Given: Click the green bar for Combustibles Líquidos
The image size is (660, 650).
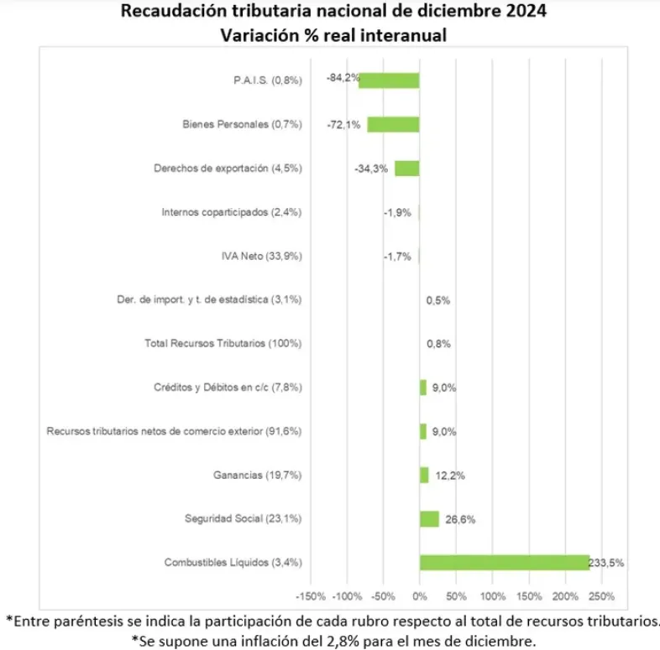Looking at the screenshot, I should coord(504,562).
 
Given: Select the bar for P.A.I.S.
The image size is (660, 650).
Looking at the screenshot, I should coord(389,81).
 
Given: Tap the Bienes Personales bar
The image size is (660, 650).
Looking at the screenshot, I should coord(393,124).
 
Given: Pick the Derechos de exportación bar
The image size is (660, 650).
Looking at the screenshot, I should coord(406,168).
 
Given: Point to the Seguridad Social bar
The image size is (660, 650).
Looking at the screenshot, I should coord(429,518).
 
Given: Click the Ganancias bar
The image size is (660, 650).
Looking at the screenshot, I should coord(424,475).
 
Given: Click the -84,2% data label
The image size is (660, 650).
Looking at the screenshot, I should coord(343,78).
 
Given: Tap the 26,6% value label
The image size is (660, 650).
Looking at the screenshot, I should coord(461,519).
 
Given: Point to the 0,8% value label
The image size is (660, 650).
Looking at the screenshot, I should coord(439,344).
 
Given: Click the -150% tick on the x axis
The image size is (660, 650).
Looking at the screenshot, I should coord(311,596).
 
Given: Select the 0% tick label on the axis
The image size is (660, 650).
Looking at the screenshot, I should coord(420,596).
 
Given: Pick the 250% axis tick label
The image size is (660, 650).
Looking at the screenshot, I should coord(602,596).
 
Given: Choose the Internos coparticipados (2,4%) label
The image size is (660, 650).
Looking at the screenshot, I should coord(231,212).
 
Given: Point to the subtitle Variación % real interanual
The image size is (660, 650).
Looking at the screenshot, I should coord(333,35).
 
